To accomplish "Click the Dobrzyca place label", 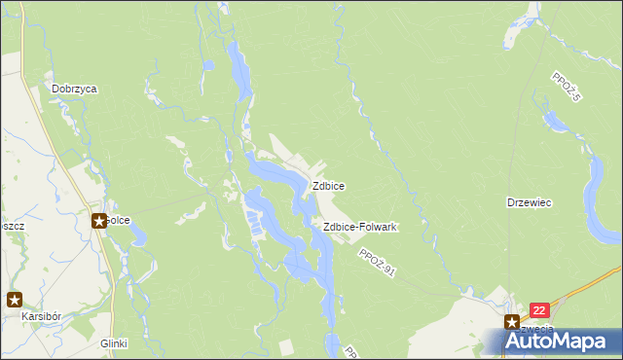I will pos(75,88).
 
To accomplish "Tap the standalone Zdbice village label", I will pos(327,185).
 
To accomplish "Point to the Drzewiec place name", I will pos(530,202).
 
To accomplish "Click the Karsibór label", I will pos(43,317).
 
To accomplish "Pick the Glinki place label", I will pos(114,343).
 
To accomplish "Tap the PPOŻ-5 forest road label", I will pos(566,89).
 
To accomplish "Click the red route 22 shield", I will pos(541,310).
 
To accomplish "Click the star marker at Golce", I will pos(99,221).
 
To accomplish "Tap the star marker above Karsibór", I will pos(15,300).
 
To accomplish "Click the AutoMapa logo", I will pos(560,341).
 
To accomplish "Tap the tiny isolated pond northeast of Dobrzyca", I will pos(208,66).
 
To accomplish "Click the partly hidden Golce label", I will pos(119,220).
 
